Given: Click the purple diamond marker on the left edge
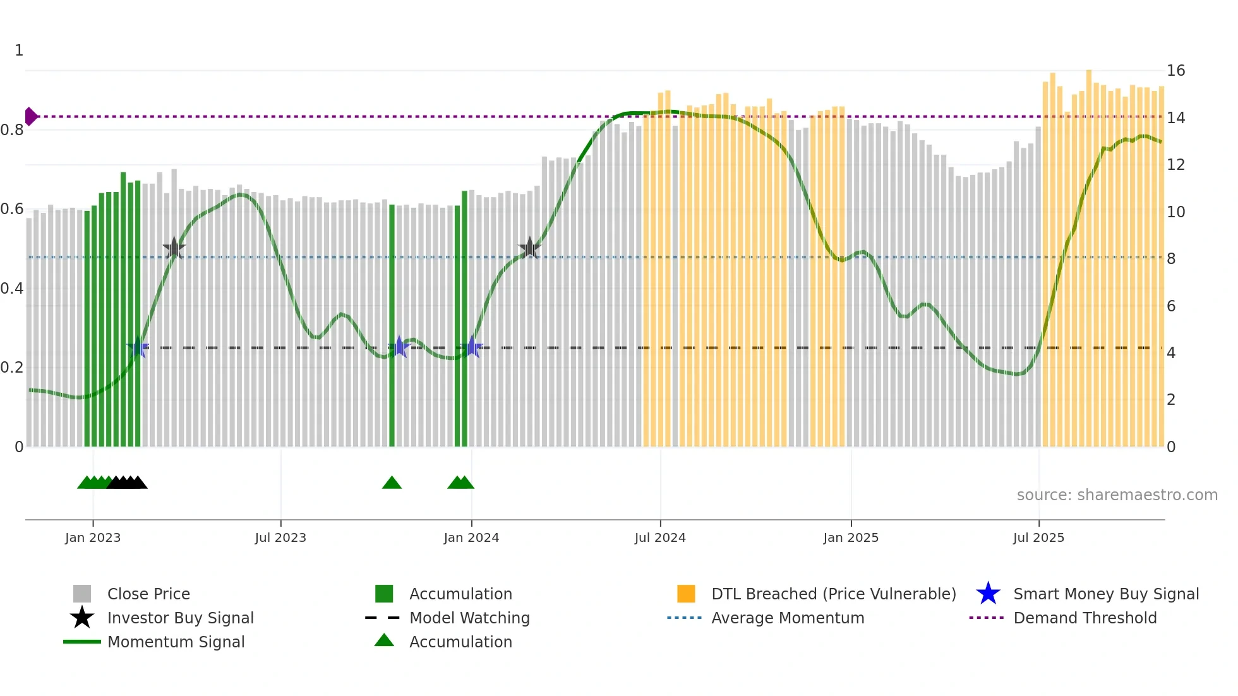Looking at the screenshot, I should [x=30, y=116].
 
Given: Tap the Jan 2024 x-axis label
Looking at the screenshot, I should [x=471, y=537].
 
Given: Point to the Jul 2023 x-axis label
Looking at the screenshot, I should [x=280, y=537].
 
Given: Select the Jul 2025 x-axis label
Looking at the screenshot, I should [x=1038, y=537].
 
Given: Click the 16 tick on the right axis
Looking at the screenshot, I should [x=1175, y=71].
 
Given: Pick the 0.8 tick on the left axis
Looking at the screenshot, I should [x=12, y=130].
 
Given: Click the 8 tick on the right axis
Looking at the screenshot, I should [x=1171, y=258].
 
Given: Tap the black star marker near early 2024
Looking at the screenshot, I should [x=529, y=248].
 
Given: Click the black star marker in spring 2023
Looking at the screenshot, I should [x=174, y=248].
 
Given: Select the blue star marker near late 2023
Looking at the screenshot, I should [x=399, y=347].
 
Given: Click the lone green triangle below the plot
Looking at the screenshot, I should [x=392, y=483].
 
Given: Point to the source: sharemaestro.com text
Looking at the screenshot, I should [x=1117, y=495].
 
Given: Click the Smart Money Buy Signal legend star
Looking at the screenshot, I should [x=988, y=594].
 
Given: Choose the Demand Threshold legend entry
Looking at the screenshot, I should [x=1085, y=618].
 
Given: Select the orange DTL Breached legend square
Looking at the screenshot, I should [x=686, y=594].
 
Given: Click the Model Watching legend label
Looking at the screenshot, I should [x=469, y=618].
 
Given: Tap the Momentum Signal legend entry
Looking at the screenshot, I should [x=176, y=642].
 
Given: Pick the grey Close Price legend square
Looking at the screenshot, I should [x=82, y=594].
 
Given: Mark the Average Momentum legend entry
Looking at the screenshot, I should [x=787, y=618].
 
